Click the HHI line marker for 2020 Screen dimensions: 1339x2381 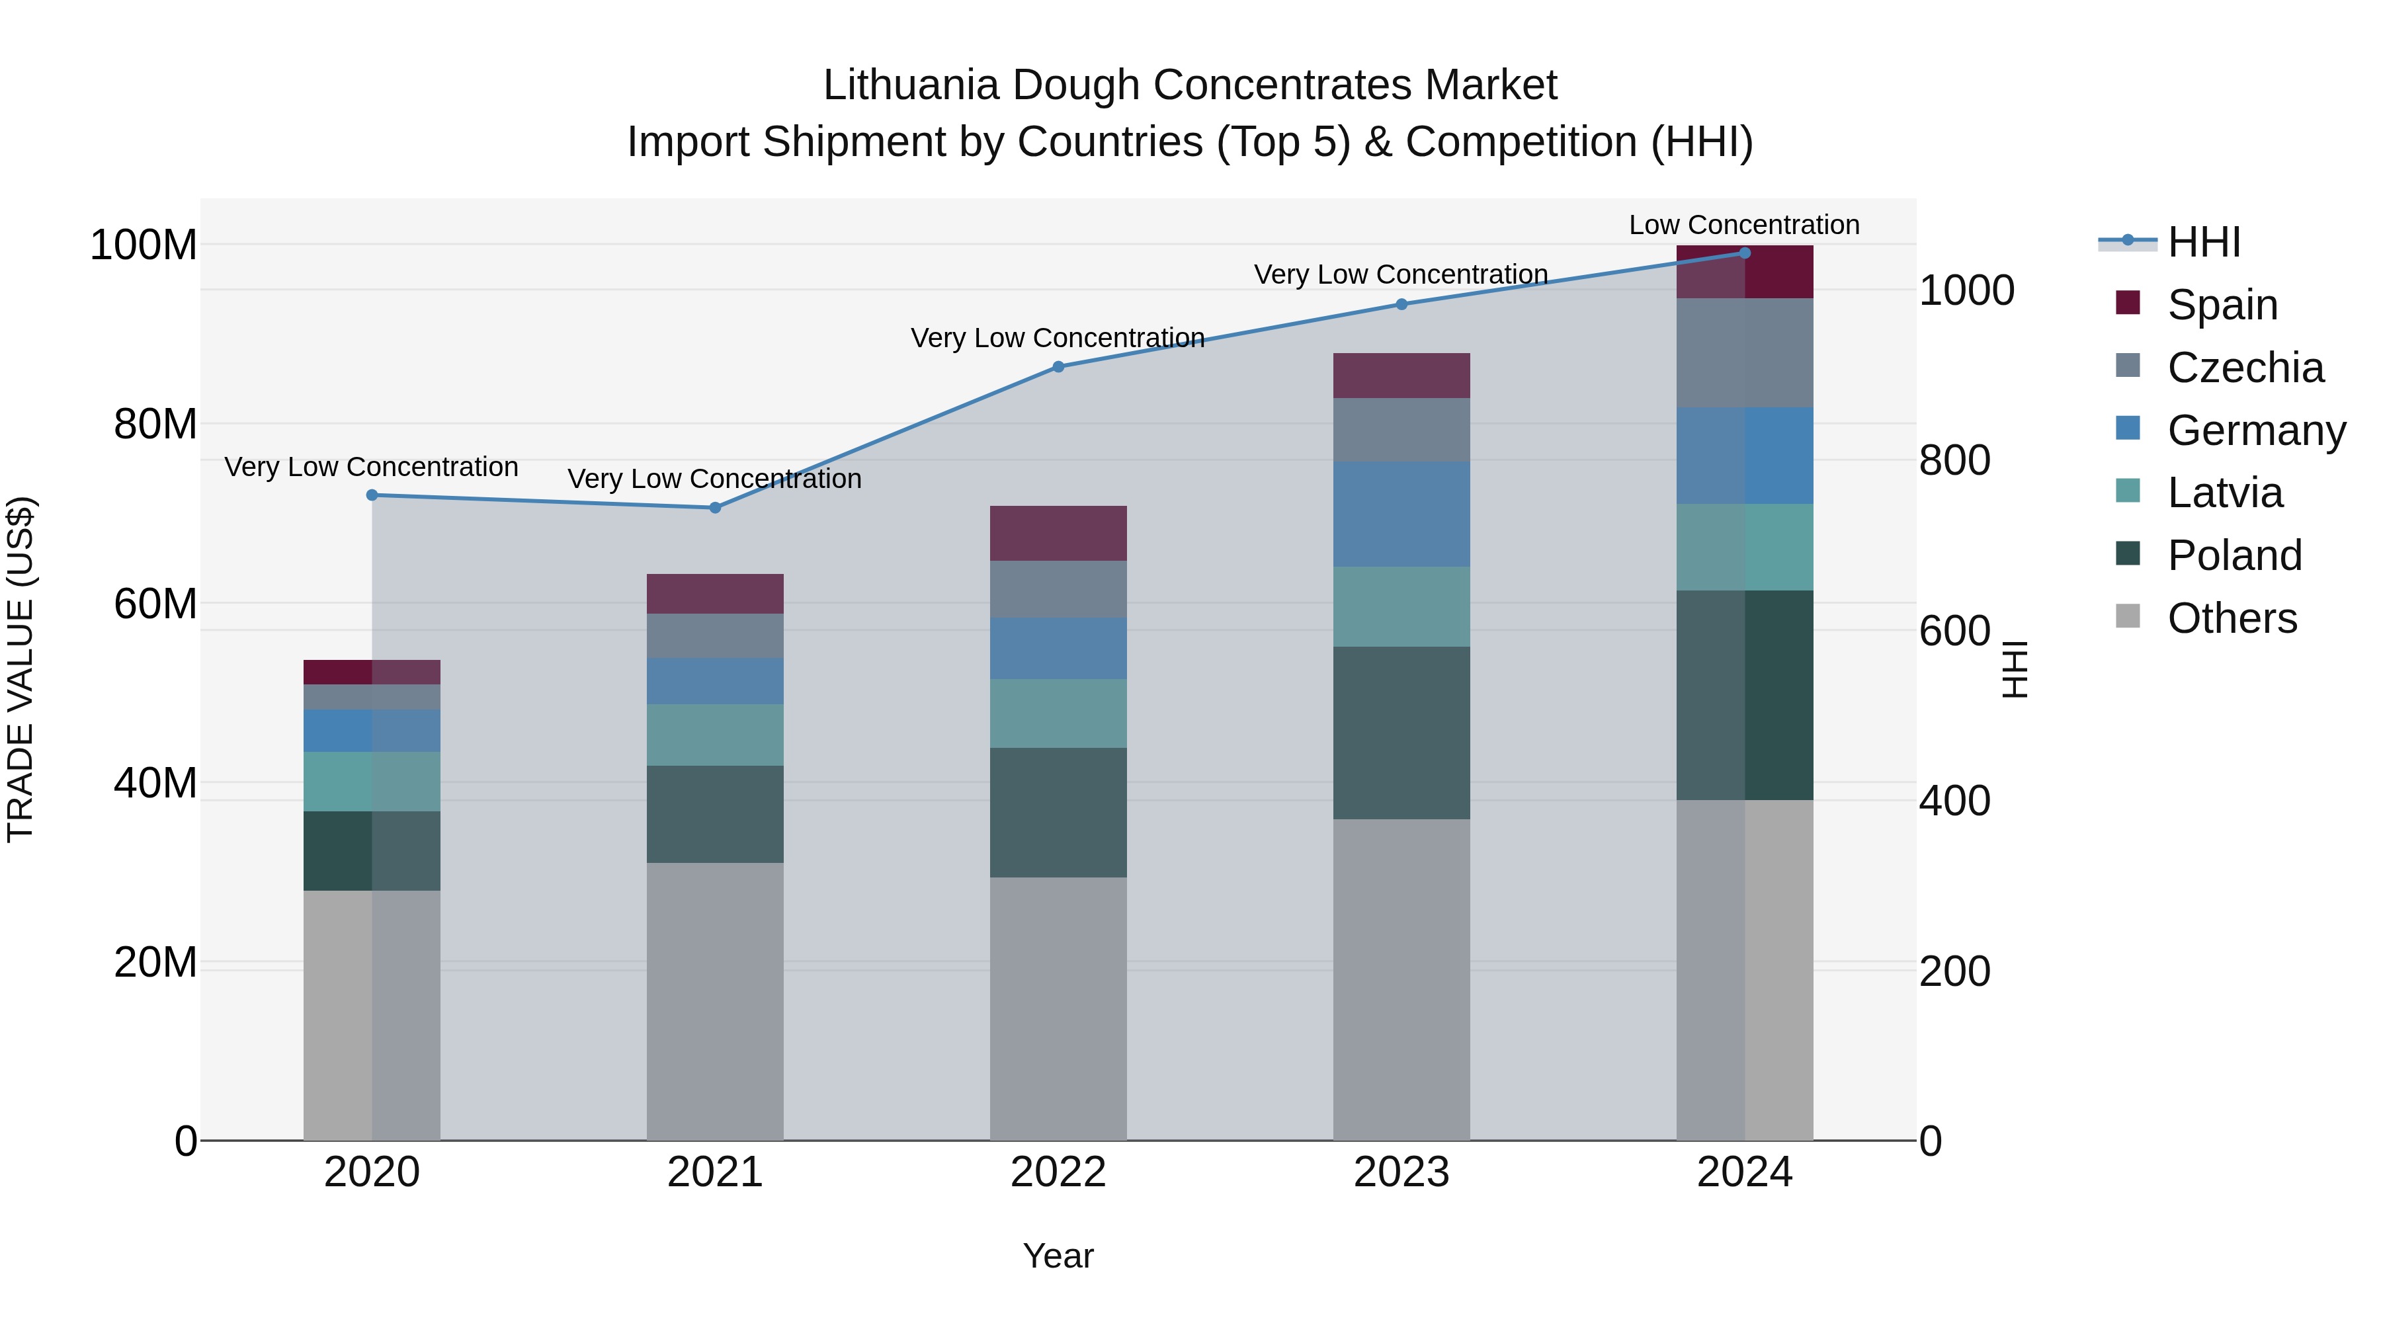point(372,495)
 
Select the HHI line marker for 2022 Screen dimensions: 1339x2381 point(1058,367)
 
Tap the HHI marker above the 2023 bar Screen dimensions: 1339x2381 point(1401,304)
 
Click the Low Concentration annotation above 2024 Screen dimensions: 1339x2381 point(1743,225)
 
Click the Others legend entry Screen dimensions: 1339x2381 point(2232,618)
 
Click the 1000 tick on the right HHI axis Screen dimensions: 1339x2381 point(1966,290)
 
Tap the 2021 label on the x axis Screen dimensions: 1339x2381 point(714,1172)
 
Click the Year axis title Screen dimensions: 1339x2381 point(1058,1256)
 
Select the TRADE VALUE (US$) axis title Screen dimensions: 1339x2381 point(21,669)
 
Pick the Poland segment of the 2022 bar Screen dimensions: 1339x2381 point(1058,812)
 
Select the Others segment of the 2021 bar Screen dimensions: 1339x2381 point(714,1001)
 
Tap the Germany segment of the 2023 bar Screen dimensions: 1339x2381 point(1401,514)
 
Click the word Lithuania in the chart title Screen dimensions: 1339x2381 point(911,85)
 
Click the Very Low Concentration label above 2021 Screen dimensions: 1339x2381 point(714,479)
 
